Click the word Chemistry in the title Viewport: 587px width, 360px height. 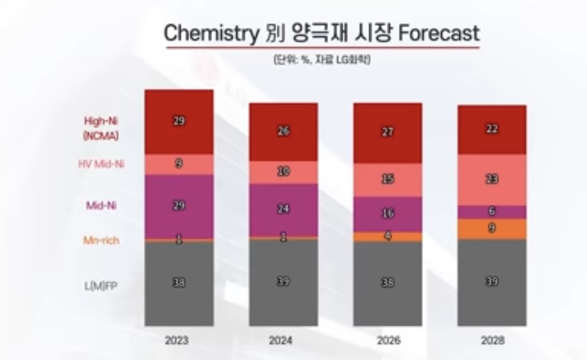click(x=211, y=33)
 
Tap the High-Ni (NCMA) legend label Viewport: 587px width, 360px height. click(x=101, y=128)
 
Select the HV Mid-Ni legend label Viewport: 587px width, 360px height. click(x=101, y=164)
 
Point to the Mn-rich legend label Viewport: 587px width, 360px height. click(x=101, y=241)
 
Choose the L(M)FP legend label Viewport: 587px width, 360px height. click(x=100, y=285)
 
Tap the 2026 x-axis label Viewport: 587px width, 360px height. click(x=388, y=340)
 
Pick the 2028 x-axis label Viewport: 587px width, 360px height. click(x=492, y=340)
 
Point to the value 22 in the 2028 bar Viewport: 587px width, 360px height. click(x=492, y=129)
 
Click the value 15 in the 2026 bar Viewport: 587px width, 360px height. click(x=388, y=180)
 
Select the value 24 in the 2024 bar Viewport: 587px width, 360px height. click(x=283, y=209)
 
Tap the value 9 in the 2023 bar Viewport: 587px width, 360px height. click(x=179, y=164)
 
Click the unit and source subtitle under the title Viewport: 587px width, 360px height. click(x=322, y=60)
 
